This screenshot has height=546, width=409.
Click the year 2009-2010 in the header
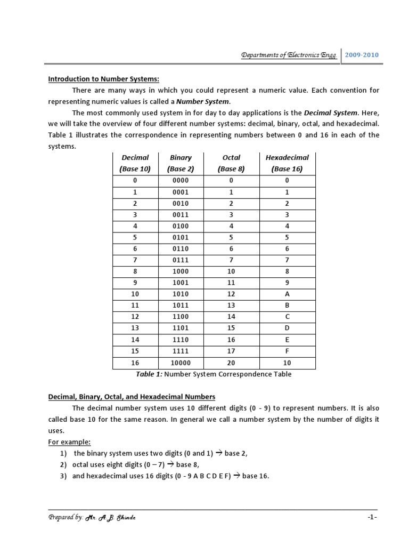tap(362, 55)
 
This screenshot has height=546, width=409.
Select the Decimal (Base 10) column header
tap(136, 163)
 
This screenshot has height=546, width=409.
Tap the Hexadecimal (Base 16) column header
tap(287, 163)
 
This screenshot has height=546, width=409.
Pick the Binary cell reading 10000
tap(181, 363)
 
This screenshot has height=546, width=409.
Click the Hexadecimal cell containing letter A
tap(287, 294)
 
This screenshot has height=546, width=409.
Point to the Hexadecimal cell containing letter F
tap(287, 351)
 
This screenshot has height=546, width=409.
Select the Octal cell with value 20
tap(231, 363)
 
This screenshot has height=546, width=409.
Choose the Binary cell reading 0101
tap(181, 237)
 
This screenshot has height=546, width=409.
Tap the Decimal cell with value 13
tap(136, 328)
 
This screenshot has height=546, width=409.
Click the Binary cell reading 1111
tap(181, 351)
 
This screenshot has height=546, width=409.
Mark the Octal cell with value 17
tap(231, 351)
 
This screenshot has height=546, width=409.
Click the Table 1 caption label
tap(149, 374)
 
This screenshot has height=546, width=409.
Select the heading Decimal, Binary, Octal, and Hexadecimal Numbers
tap(132, 397)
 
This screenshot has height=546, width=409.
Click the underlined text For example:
tap(70, 442)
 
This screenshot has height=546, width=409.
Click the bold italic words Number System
tap(203, 101)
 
